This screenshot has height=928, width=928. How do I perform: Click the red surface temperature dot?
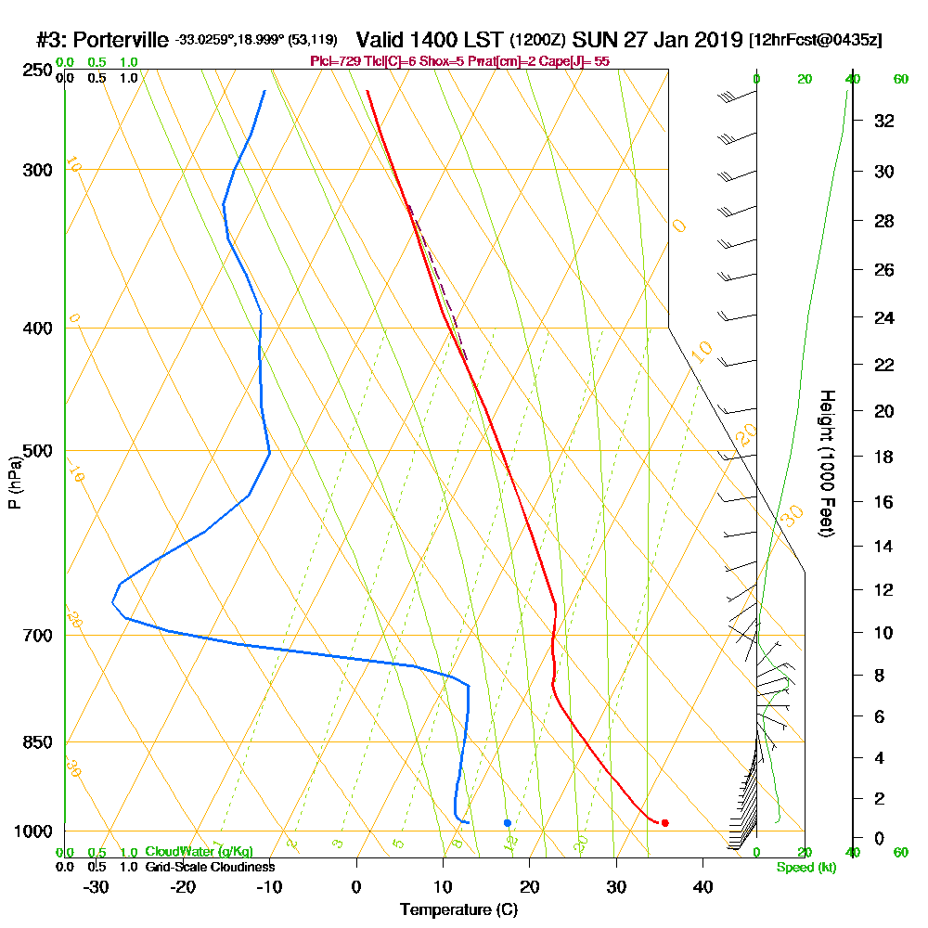click(664, 823)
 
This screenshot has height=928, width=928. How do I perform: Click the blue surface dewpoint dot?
click(508, 823)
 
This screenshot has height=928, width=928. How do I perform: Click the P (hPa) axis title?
click(14, 483)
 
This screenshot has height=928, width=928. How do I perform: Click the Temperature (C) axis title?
click(459, 909)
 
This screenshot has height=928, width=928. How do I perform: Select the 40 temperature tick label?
click(702, 886)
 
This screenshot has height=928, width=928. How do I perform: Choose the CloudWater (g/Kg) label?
click(199, 852)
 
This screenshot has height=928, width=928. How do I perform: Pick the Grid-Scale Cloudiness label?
click(209, 867)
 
